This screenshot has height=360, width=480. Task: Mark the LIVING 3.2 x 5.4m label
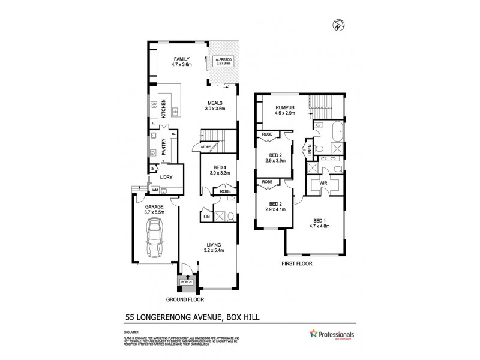pos(214,248)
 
